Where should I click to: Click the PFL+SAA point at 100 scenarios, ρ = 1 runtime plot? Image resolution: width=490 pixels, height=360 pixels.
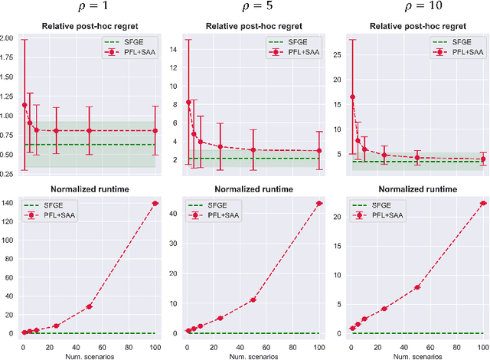click(x=155, y=203)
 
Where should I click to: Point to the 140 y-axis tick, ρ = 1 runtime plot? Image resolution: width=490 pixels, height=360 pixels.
click(x=9, y=203)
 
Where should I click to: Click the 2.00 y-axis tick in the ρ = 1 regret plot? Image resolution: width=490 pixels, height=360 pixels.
click(x=8, y=38)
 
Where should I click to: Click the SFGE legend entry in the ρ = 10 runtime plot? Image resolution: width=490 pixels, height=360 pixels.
click(x=371, y=205)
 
